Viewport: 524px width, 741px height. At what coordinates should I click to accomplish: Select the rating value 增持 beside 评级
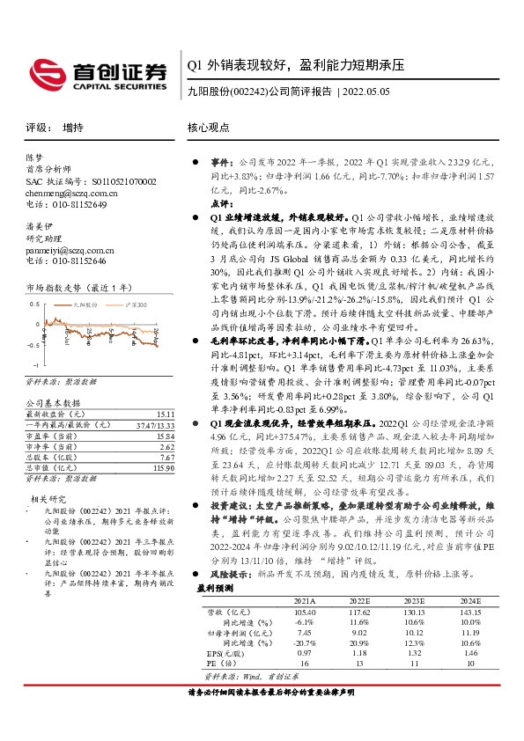74,127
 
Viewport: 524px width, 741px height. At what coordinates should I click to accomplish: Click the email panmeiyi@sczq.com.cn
66,250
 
